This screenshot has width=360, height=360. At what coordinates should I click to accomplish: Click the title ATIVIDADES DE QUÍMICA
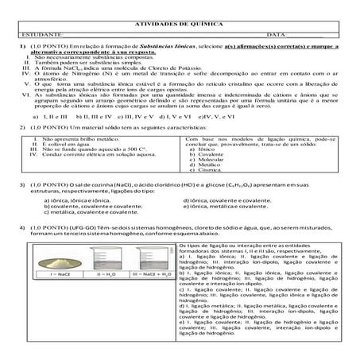point(179,25)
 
